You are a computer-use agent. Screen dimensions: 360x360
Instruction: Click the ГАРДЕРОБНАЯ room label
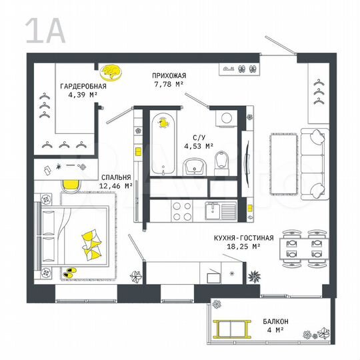[x=83, y=87]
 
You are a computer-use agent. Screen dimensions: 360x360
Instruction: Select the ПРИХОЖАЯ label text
[x=169, y=76]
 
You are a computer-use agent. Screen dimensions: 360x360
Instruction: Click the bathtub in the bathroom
[x=163, y=143]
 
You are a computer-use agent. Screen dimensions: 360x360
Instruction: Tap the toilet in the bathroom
[x=223, y=159]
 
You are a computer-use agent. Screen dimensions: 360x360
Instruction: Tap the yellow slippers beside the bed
[x=69, y=272]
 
